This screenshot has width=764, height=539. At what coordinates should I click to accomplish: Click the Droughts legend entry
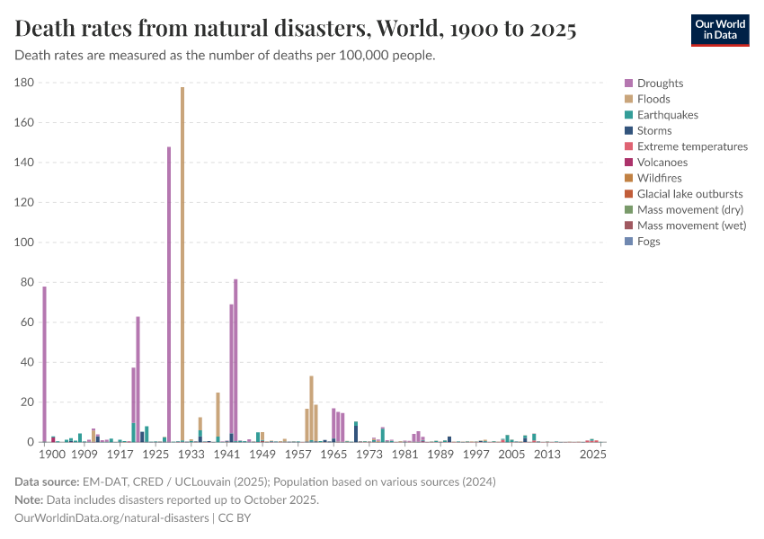click(x=660, y=84)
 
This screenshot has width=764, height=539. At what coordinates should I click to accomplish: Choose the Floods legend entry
click(x=653, y=100)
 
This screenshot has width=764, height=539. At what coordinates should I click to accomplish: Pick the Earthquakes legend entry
click(x=667, y=115)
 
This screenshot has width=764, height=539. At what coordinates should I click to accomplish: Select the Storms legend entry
click(x=653, y=131)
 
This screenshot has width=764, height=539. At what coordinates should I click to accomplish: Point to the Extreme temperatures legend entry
click(x=692, y=146)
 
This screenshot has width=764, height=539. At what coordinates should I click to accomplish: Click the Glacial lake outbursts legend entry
click(x=689, y=194)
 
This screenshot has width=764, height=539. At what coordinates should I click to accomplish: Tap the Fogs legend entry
click(x=648, y=242)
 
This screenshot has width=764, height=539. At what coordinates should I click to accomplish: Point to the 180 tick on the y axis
click(x=24, y=83)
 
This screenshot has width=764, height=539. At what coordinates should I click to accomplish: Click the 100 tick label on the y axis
click(x=24, y=243)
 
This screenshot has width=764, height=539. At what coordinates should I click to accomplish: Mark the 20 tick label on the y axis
click(x=28, y=402)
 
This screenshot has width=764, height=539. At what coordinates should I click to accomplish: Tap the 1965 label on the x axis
click(x=333, y=455)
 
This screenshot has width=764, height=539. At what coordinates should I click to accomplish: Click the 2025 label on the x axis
click(x=592, y=455)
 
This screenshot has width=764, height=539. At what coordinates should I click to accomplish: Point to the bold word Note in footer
click(x=31, y=500)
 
